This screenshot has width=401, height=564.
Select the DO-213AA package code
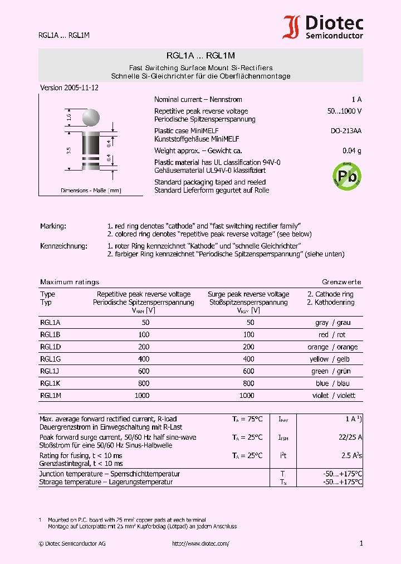coord(346,131)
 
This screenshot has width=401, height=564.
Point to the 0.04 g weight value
coord(351,151)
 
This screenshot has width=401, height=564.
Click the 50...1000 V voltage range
coord(344,111)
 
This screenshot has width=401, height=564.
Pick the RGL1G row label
coord(50,359)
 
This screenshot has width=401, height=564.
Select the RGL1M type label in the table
coord(50,395)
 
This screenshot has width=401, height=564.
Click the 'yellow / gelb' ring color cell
coord(334,359)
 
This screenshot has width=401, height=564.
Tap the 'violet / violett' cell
coord(334,395)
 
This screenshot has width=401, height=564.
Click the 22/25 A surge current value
coord(350,437)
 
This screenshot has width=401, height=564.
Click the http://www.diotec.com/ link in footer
coord(200,543)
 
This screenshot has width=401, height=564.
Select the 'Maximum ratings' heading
coord(69,282)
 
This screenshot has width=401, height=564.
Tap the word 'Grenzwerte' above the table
coord(341,282)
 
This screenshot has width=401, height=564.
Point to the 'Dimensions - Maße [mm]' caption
coord(91,191)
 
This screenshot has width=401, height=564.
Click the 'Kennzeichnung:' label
coord(63,246)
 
